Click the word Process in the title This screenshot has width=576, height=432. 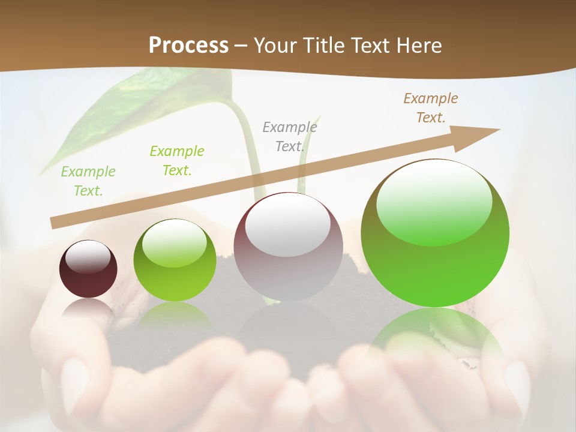(188, 45)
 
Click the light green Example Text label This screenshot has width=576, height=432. (88, 181)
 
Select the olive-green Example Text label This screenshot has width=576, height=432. (176, 161)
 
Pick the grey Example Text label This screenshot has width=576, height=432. (289, 137)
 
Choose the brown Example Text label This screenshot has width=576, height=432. (430, 108)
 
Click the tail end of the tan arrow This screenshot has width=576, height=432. (54, 223)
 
